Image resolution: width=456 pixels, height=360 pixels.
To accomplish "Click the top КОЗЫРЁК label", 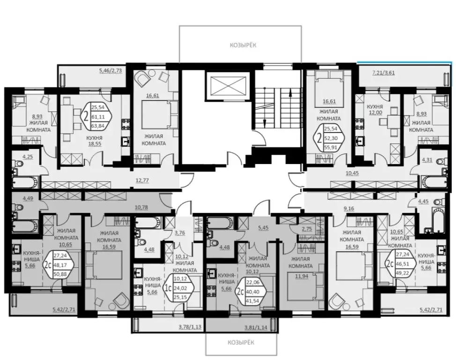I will pos(243,45).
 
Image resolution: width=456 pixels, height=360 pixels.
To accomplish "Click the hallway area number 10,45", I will pos(353,174).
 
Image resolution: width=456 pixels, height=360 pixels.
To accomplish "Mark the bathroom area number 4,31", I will pos(427,159).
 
